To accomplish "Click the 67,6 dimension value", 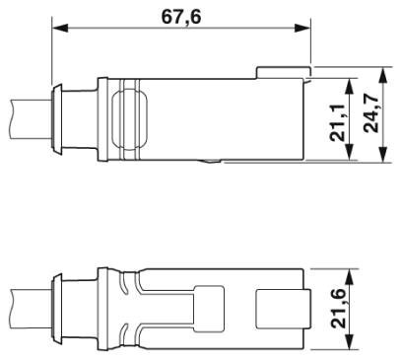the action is [x=181, y=17].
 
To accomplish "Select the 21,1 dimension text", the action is [x=338, y=123].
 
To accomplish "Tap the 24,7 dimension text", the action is [x=371, y=113].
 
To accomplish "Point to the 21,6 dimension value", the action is [x=339, y=309].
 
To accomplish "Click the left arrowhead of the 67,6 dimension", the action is [x=60, y=28].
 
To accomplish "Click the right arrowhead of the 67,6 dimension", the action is [x=302, y=28].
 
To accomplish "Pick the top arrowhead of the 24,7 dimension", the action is [x=383, y=75].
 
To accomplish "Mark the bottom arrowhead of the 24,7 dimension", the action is [x=383, y=155].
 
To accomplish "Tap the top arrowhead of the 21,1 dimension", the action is [x=350, y=87].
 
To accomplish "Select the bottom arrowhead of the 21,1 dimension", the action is [x=350, y=152].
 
